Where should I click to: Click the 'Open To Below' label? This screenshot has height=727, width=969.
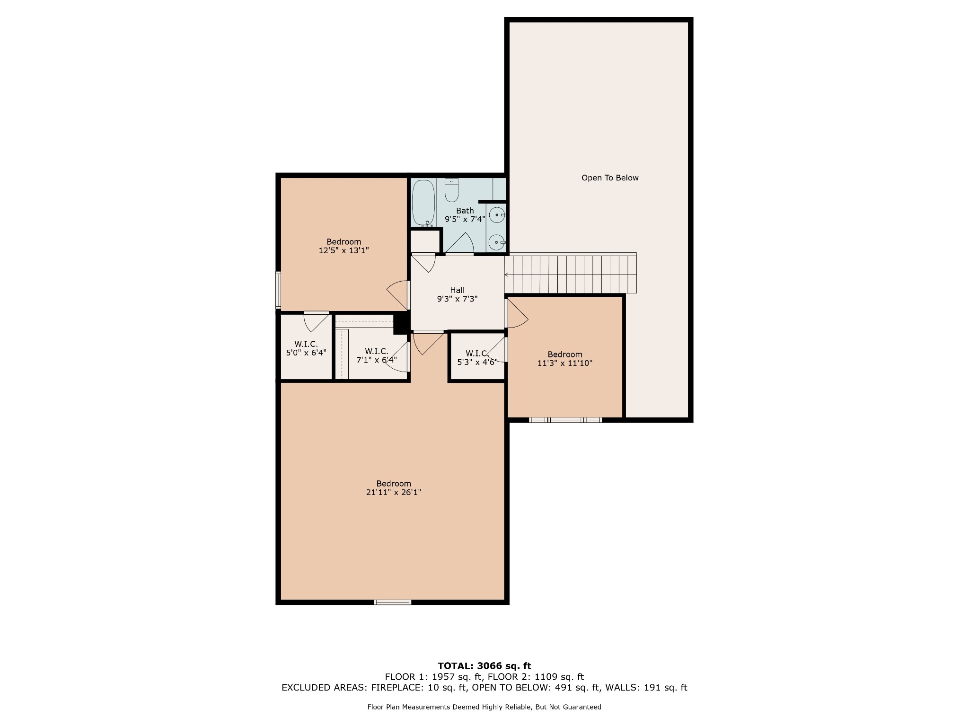[x=610, y=178]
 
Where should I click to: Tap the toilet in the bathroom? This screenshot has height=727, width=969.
[x=452, y=190]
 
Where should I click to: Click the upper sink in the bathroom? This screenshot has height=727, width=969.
[x=497, y=215]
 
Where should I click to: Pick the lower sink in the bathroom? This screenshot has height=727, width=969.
[x=497, y=242]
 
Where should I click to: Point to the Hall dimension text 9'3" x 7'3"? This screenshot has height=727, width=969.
[x=457, y=299]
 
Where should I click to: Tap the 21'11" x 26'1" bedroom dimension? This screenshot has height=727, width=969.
[x=394, y=492]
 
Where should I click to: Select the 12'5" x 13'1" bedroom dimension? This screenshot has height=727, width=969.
[x=344, y=250]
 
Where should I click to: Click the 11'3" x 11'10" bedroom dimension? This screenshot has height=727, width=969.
[x=565, y=363]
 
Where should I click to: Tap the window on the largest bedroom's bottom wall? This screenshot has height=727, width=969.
[x=393, y=602]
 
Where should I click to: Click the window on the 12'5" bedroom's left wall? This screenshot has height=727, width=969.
[x=278, y=290]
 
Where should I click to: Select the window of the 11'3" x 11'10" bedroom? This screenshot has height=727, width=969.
[x=565, y=420]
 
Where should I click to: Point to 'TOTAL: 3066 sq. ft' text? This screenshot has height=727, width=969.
[x=484, y=666]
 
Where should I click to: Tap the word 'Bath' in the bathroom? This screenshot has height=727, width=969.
[x=465, y=211]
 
